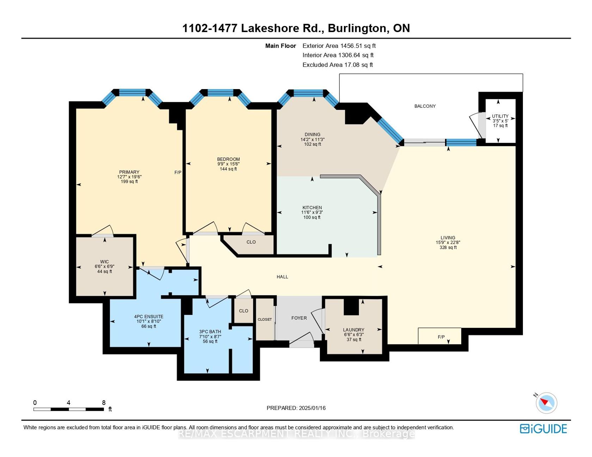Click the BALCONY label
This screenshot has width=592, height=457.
(425, 106)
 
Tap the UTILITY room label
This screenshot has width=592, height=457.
(500, 116)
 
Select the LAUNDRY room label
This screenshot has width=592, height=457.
(353, 330)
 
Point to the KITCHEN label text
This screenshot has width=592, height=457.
(312, 208)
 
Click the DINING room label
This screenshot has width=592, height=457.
(313, 134)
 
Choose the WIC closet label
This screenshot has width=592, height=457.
(104, 262)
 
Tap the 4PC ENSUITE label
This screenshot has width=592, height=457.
(149, 317)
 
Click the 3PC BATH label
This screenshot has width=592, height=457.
(210, 332)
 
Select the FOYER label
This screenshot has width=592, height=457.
(299, 318)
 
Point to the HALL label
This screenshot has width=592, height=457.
(282, 277)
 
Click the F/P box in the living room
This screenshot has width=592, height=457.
(440, 336)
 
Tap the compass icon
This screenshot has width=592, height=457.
(547, 402)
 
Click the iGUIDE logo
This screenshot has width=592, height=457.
(543, 428)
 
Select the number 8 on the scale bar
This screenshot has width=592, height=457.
(104, 403)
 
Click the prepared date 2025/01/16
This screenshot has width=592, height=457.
(312, 408)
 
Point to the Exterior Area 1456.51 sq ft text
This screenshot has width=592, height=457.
(339, 46)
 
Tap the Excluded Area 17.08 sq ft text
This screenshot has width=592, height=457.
(338, 65)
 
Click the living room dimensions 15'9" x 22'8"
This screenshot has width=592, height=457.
(448, 243)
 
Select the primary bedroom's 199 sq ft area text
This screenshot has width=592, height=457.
(129, 182)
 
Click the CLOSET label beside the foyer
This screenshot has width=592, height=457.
(265, 319)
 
